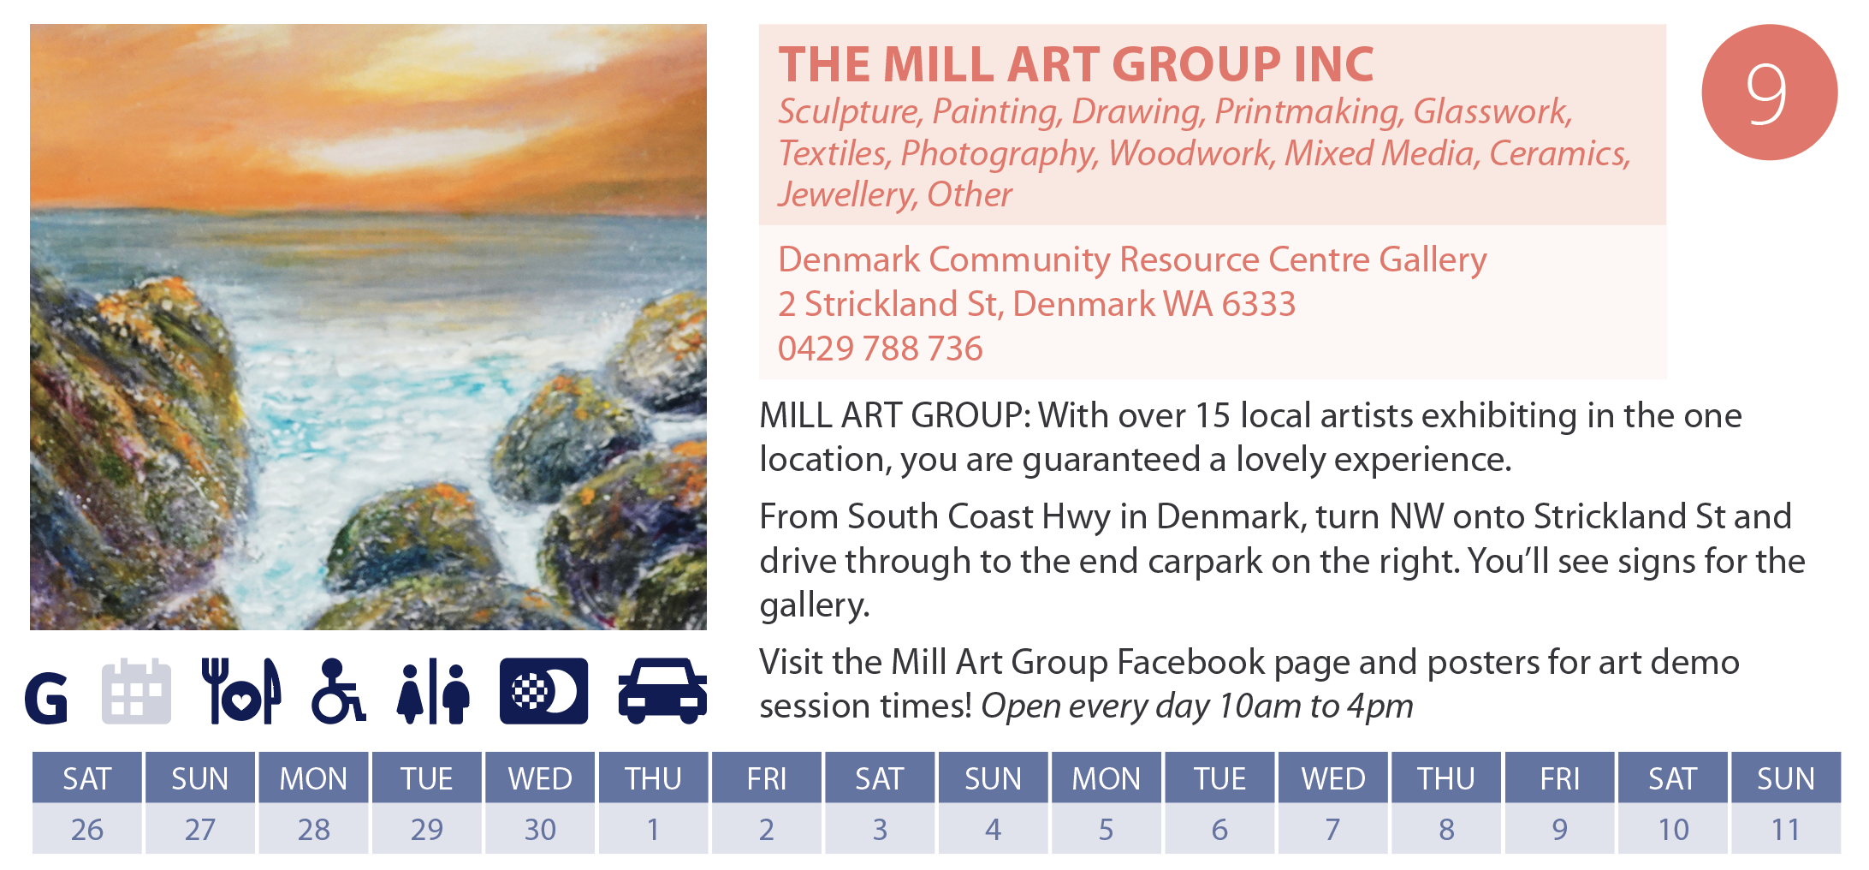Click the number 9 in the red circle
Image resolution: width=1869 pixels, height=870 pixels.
coord(1768,93)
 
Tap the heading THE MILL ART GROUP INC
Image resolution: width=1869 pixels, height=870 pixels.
coord(1076,64)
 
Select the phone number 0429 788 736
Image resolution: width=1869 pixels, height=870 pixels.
coord(880,349)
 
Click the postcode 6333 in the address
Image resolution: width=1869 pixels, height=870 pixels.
coord(1258,304)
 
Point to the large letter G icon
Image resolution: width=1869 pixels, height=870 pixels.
coord(46,699)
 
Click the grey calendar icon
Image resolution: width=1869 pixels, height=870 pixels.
coord(136,691)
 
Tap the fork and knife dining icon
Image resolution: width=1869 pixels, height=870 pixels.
coord(241,691)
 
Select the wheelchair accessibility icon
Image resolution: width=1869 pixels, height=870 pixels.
coord(338,691)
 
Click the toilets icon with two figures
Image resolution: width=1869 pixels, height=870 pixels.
coord(433,691)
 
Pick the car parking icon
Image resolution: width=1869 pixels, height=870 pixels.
coord(662,691)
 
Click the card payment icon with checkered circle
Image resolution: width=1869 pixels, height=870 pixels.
coord(543,691)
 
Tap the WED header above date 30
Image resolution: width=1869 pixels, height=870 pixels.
coord(540,778)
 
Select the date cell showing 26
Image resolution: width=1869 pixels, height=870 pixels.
coord(87,829)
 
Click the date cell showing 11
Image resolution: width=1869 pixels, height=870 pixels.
coord(1786,829)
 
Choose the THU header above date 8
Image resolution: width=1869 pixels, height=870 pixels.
coord(1446,778)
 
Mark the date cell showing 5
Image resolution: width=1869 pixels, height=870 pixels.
coord(1107,829)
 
